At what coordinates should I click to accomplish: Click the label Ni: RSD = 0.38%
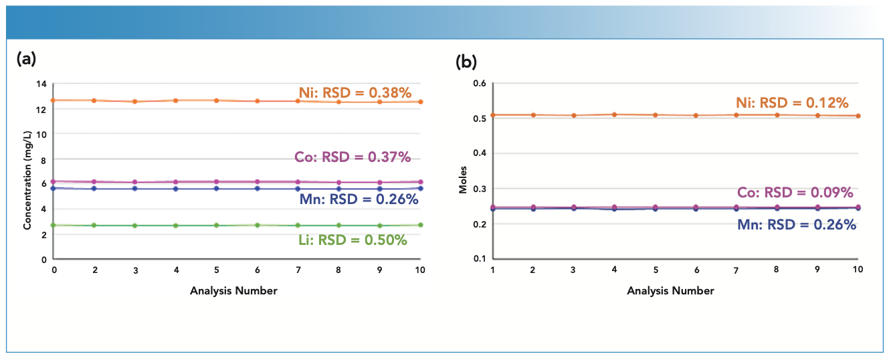tap(355, 93)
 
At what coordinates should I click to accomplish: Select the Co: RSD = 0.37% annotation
tap(353, 158)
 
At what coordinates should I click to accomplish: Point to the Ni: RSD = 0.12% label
tap(793, 103)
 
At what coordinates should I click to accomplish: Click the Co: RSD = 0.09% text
tap(795, 193)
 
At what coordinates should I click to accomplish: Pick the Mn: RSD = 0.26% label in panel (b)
tap(796, 226)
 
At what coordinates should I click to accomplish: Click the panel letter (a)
tap(26, 59)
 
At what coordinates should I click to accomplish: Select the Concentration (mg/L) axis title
tap(27, 171)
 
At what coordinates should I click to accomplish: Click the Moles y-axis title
tap(462, 181)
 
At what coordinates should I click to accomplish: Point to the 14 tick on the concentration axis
tap(41, 84)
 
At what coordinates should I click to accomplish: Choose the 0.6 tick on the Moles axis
tap(480, 84)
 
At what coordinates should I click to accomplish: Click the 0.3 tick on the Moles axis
tap(480, 189)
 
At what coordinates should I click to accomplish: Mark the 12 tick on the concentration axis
tap(41, 108)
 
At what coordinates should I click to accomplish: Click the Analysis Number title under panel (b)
tap(670, 290)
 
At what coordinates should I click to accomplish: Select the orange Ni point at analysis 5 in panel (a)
tap(217, 100)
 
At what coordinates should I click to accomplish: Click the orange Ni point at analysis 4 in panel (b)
tap(613, 114)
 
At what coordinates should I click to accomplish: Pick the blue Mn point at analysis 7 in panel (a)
tap(298, 189)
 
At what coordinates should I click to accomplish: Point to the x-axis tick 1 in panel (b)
tap(492, 269)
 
